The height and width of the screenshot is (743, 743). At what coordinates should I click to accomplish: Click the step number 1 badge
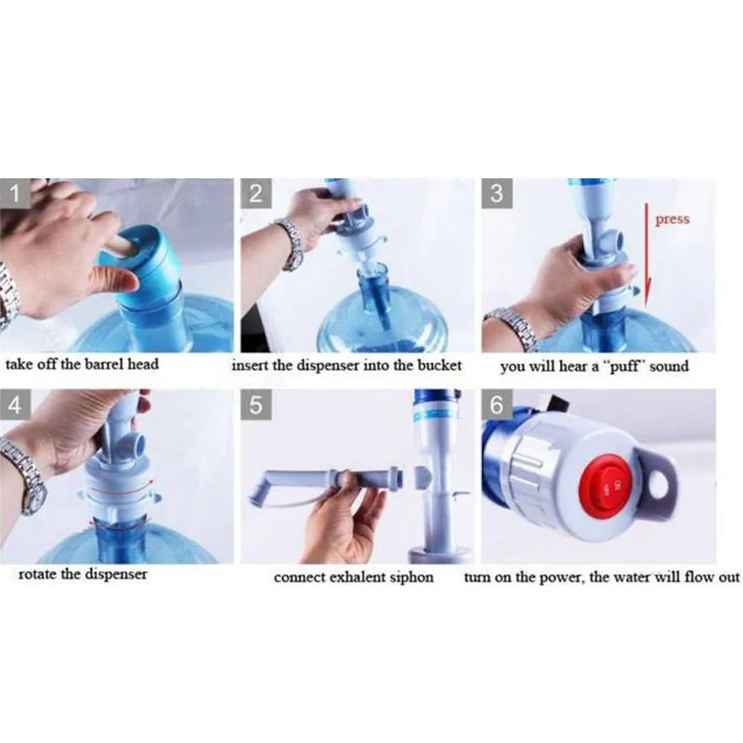15,193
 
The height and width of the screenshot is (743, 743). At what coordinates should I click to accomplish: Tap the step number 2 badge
256,193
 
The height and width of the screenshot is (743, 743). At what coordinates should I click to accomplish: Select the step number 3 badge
497,193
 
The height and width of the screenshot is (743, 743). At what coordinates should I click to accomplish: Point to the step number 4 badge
15,405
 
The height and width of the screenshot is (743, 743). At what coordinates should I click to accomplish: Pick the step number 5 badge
256,405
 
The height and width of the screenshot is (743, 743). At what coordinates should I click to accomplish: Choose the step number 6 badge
497,405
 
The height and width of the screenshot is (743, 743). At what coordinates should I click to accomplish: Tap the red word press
671,220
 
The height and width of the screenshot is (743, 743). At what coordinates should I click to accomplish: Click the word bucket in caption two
439,365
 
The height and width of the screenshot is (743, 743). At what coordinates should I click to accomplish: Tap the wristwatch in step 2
292,244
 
